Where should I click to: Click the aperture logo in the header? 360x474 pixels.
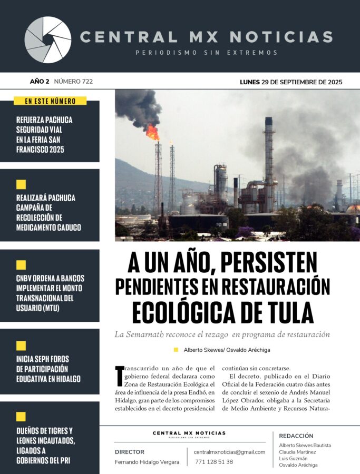point(48,40)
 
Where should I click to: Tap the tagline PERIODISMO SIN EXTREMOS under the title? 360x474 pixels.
point(207,53)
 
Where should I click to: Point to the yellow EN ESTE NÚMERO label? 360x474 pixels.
point(50,101)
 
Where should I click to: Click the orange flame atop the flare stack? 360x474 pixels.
point(153,132)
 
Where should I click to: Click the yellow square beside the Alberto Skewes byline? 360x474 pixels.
point(176,350)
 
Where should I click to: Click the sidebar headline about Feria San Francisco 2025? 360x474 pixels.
point(44,134)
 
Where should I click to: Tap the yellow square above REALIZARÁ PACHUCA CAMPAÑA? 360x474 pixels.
point(21,184)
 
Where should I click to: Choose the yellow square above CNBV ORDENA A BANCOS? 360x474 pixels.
point(21,265)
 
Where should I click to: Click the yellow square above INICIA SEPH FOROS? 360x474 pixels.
point(21,346)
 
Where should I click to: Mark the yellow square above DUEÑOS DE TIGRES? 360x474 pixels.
point(21,417)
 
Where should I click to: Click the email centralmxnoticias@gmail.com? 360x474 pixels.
point(229,452)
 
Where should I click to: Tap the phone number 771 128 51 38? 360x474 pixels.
point(214,462)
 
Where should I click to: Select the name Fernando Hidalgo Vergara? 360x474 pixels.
point(147,462)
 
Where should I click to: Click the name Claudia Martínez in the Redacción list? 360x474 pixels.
point(298,452)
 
